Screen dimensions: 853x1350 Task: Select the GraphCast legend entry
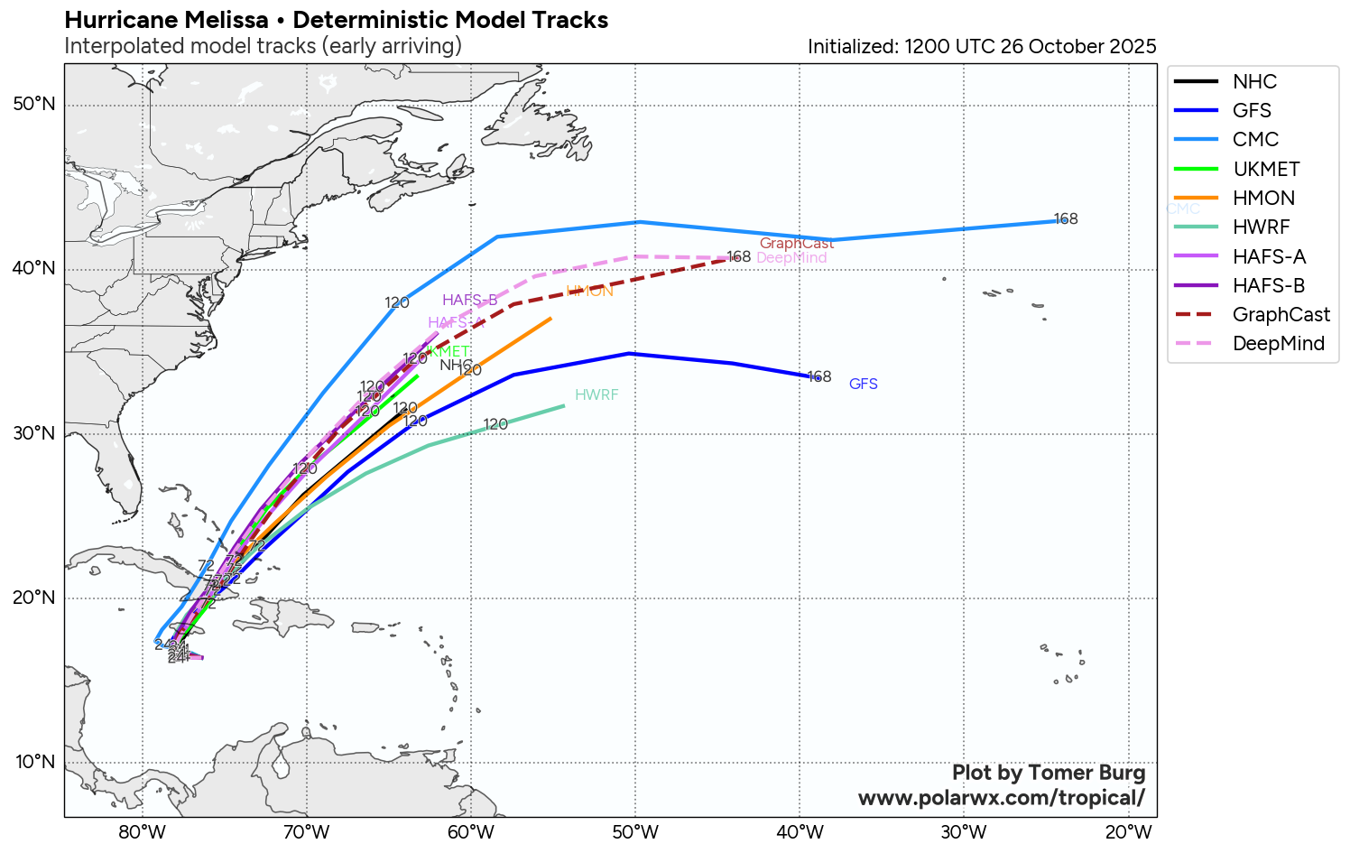(x=1281, y=314)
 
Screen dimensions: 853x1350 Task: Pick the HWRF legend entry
(x=1261, y=227)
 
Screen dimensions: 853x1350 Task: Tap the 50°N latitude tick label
(x=34, y=105)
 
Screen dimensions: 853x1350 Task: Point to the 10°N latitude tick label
(x=34, y=762)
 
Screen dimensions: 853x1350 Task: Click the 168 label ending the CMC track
(x=1066, y=219)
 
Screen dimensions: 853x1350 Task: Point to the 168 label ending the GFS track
(x=819, y=376)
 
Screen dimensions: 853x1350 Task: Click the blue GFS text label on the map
(x=864, y=385)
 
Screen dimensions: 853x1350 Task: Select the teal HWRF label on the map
(x=596, y=395)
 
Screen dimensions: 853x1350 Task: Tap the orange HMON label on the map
(x=590, y=291)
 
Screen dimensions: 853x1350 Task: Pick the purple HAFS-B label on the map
(x=469, y=301)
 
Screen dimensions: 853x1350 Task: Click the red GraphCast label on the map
(x=797, y=244)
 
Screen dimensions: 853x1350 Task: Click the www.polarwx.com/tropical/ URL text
(x=1001, y=798)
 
